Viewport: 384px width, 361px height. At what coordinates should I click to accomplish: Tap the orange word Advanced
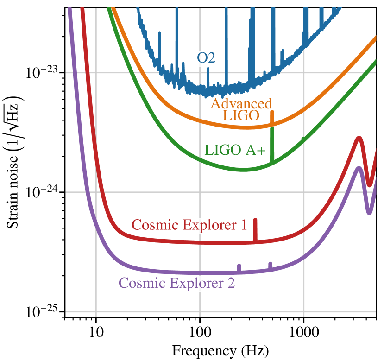241,103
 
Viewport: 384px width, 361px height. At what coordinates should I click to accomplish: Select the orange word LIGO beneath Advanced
241,115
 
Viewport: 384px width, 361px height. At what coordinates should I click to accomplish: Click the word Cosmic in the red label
155,225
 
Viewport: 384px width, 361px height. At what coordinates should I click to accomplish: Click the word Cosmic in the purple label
142,283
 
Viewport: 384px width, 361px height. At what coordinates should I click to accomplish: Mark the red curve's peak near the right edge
358,139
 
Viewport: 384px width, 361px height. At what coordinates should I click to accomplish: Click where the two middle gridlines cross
200,192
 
